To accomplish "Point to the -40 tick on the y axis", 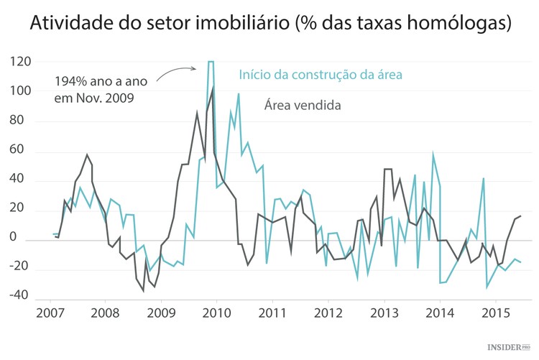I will (19, 295).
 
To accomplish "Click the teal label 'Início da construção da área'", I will (320, 74).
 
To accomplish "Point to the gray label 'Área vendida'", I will (302, 106).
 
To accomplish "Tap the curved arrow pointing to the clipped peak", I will (176, 70).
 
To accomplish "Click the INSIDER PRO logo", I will (510, 348).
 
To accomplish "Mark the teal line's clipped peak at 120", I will (211, 63).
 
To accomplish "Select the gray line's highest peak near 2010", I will (213, 88).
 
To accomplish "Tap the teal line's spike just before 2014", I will (433, 154).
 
